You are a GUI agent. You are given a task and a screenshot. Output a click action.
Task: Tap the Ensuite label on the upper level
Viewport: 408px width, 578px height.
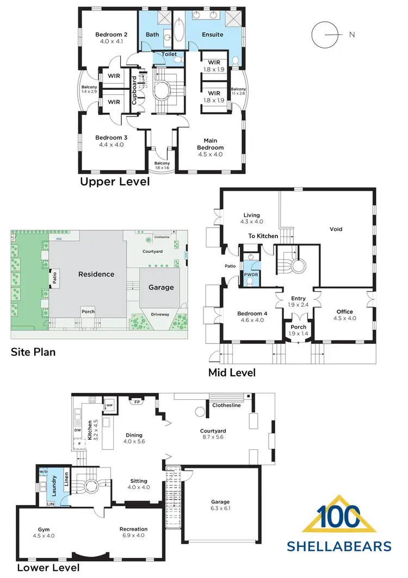pos(212,34)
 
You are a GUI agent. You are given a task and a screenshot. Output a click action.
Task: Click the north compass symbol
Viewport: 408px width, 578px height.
pos(323,34)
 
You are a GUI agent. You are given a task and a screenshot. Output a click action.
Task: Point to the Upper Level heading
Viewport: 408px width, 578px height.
pos(115,181)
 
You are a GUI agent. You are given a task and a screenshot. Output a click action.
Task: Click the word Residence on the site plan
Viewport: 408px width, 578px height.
pos(96,274)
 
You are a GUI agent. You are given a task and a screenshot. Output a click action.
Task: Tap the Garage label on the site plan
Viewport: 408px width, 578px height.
pos(161,287)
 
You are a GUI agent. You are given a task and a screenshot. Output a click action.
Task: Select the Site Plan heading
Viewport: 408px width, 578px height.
pos(33,352)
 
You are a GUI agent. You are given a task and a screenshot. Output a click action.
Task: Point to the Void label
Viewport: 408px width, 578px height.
pos(336,229)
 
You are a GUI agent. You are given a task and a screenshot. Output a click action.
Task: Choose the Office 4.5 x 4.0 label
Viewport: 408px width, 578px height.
pos(344,315)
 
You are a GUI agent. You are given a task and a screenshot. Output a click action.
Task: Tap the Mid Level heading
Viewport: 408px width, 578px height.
pos(232,373)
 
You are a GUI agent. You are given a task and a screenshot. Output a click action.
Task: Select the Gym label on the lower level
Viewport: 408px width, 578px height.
pos(44,532)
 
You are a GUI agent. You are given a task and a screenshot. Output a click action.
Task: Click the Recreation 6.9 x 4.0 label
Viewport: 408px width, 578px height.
pos(133,532)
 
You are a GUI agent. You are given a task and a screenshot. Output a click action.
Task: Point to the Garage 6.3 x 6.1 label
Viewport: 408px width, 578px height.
pos(220,504)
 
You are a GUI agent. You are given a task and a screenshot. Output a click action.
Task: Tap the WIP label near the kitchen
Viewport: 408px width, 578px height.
pos(109,405)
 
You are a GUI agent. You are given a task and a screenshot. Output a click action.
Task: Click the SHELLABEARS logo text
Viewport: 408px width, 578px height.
pos(339,546)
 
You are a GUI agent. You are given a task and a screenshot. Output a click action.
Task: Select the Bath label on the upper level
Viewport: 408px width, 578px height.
pos(152,34)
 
